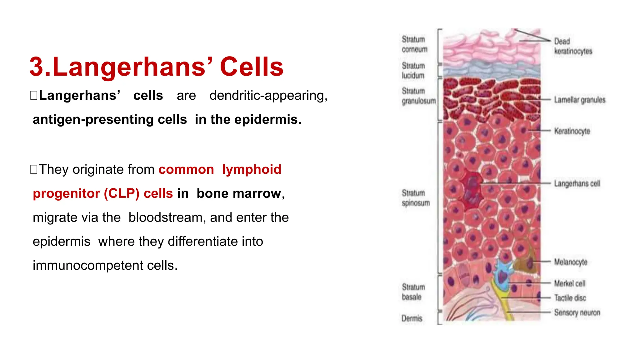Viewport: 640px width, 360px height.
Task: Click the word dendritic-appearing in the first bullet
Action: [268, 95]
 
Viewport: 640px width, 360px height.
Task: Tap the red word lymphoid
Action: [252, 169]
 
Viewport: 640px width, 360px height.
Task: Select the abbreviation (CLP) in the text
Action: [122, 193]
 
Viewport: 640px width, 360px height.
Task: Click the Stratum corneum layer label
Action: [414, 44]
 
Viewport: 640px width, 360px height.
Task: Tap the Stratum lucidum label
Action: [413, 71]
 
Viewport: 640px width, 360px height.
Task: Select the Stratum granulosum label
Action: [418, 96]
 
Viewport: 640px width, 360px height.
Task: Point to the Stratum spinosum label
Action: [416, 198]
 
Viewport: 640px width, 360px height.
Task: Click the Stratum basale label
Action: [413, 292]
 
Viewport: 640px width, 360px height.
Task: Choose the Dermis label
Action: [412, 318]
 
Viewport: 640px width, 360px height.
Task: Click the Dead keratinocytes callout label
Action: [573, 46]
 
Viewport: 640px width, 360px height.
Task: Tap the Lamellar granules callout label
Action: [580, 100]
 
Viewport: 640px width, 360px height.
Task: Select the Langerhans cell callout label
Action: [577, 183]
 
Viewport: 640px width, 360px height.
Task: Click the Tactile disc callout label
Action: [570, 298]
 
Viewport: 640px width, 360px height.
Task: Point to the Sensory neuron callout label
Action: [577, 312]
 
